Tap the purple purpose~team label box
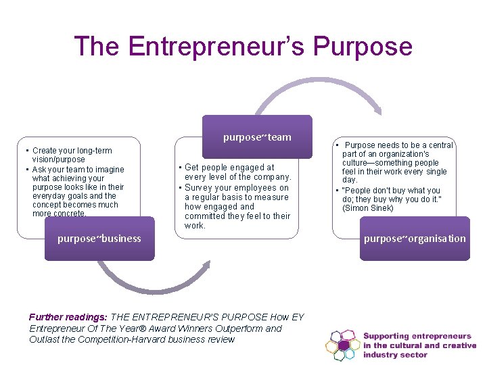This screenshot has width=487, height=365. [x=257, y=137]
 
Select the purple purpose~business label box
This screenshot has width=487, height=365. [x=99, y=239]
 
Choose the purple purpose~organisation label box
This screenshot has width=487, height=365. [x=415, y=239]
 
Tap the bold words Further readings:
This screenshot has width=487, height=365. [x=67, y=317]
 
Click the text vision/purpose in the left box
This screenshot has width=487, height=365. [x=59, y=160]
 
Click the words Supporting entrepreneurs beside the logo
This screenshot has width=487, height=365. [x=417, y=336]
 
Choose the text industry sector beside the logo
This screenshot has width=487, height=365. [x=396, y=355]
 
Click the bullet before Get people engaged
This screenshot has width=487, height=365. [x=180, y=168]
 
